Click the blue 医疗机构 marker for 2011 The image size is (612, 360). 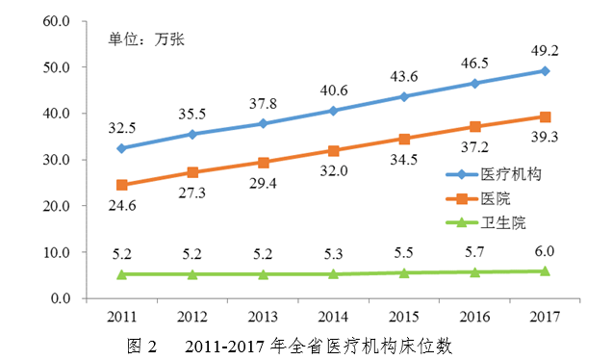(121, 148)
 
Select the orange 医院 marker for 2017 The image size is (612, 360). (545, 116)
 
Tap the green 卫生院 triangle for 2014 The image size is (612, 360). (333, 273)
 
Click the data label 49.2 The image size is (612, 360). (545, 51)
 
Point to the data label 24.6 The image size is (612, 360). (121, 204)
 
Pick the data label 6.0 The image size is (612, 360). (545, 251)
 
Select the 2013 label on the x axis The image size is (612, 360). (263, 316)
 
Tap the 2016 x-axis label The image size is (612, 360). (474, 316)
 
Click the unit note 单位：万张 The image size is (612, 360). (145, 39)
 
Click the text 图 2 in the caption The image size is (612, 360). (141, 345)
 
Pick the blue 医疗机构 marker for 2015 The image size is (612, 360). (404, 96)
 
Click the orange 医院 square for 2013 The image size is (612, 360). (263, 163)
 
